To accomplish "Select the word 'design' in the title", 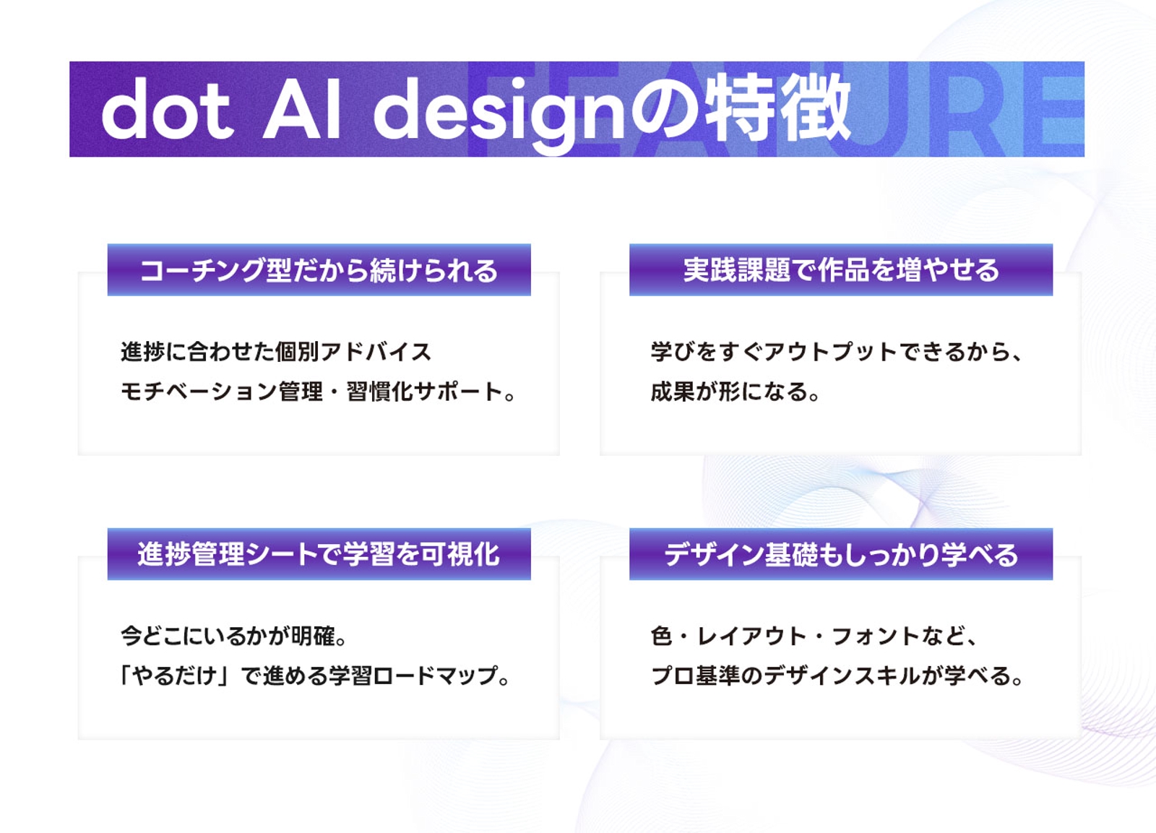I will point(499,113).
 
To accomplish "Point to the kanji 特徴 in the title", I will point(778,108).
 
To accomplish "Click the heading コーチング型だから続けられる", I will point(319,270).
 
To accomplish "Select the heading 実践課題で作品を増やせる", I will point(841,270).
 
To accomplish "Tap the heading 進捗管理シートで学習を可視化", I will point(319,554).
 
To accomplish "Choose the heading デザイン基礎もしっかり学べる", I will point(841,554).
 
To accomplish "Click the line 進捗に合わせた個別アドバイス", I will point(276,352).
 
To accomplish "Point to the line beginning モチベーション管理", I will point(318,392).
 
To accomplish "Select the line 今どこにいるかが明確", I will point(234,636).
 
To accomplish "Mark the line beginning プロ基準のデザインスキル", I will point(836,676).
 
